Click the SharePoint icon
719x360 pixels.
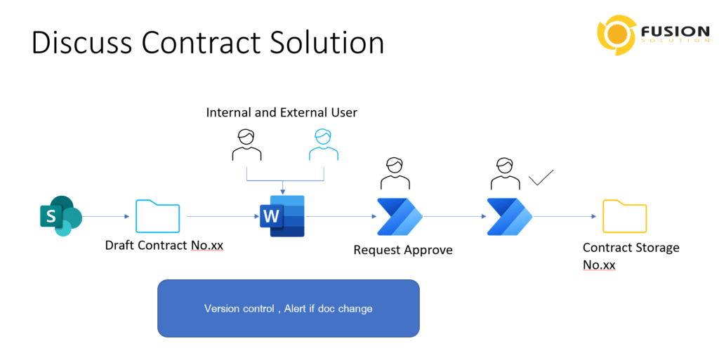tap(61, 216)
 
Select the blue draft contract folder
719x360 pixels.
tap(158, 217)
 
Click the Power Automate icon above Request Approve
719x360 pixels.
tap(400, 217)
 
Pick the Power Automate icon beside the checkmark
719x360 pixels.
tap(510, 217)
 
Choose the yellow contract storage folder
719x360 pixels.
tap(624, 217)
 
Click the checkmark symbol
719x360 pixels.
tap(541, 178)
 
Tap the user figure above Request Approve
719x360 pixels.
tap(395, 173)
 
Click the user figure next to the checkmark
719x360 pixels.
tap(506, 173)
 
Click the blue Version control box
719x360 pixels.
tap(289, 309)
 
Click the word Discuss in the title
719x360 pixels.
tap(82, 43)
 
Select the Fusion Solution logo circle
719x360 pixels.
tap(616, 35)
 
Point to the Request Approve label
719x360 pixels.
tap(403, 250)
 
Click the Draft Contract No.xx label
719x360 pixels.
tap(164, 246)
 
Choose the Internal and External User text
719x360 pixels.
tap(282, 113)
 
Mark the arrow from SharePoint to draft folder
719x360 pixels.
tap(106, 216)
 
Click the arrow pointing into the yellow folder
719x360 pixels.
tap(565, 216)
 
